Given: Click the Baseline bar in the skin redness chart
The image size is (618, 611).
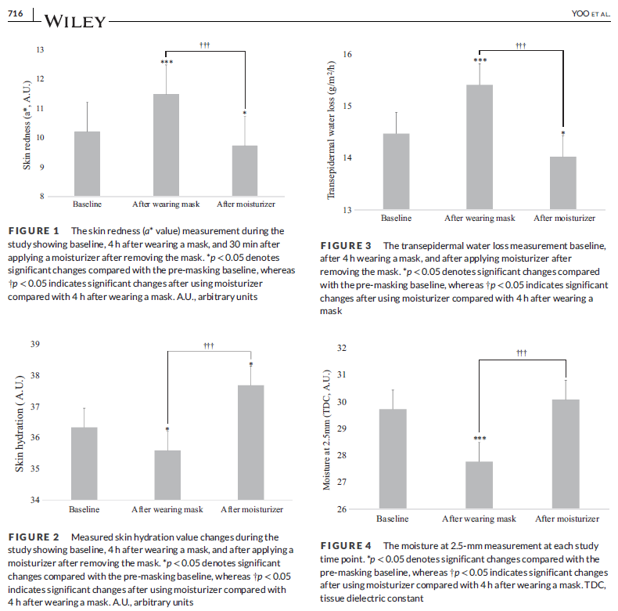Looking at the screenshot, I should coord(87,164).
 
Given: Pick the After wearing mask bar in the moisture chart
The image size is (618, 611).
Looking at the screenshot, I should coord(479,485).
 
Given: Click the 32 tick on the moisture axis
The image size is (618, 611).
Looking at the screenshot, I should coord(340,348).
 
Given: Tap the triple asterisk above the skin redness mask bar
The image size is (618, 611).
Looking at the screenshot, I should coord(166,63).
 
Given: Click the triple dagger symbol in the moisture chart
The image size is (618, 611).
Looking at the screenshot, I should coord(522,353).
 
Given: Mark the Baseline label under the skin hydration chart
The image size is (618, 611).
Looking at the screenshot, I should coord(84,511).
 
